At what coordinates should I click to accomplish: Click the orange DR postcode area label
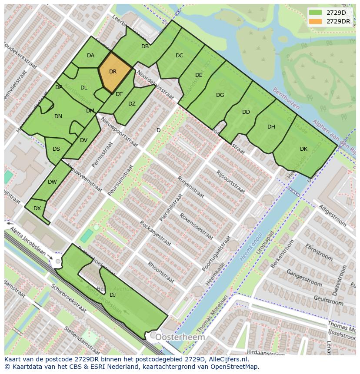coord(113,72)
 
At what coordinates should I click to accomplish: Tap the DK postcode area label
coord(303,149)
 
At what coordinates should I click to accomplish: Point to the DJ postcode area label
coord(113,295)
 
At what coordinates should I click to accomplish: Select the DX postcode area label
coord(37,209)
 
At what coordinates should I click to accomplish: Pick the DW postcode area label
coord(52,182)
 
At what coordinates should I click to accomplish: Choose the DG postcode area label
coord(220,95)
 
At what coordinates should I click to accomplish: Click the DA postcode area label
coord(90,55)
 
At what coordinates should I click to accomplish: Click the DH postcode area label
coord(271,127)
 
